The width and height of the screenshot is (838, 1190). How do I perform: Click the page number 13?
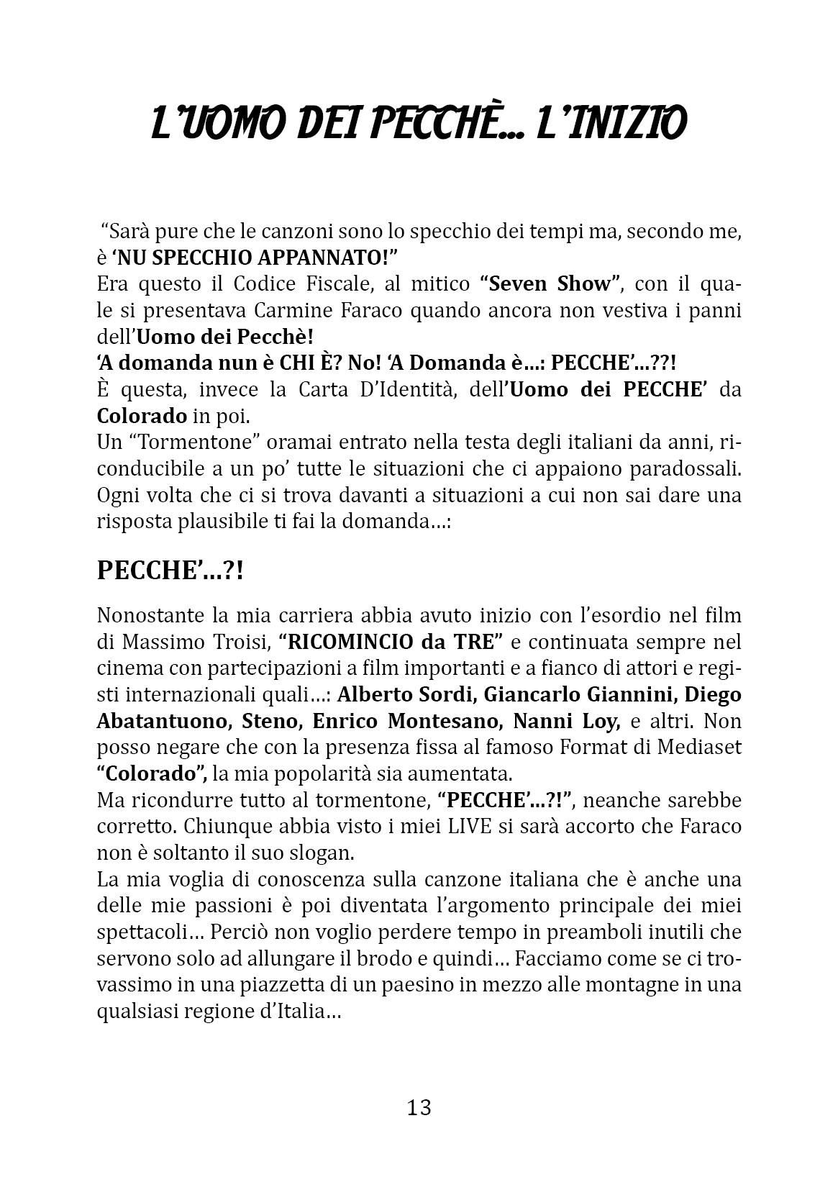coord(419,1107)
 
